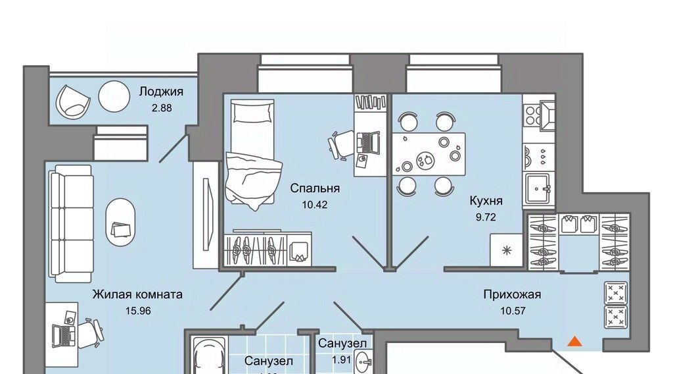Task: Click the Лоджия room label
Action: coord(161,92)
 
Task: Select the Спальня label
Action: coord(315,189)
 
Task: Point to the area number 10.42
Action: coord(315,204)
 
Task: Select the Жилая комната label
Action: coord(137,294)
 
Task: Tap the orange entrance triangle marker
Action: coord(574,340)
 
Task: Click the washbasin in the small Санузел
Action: coord(363,362)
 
